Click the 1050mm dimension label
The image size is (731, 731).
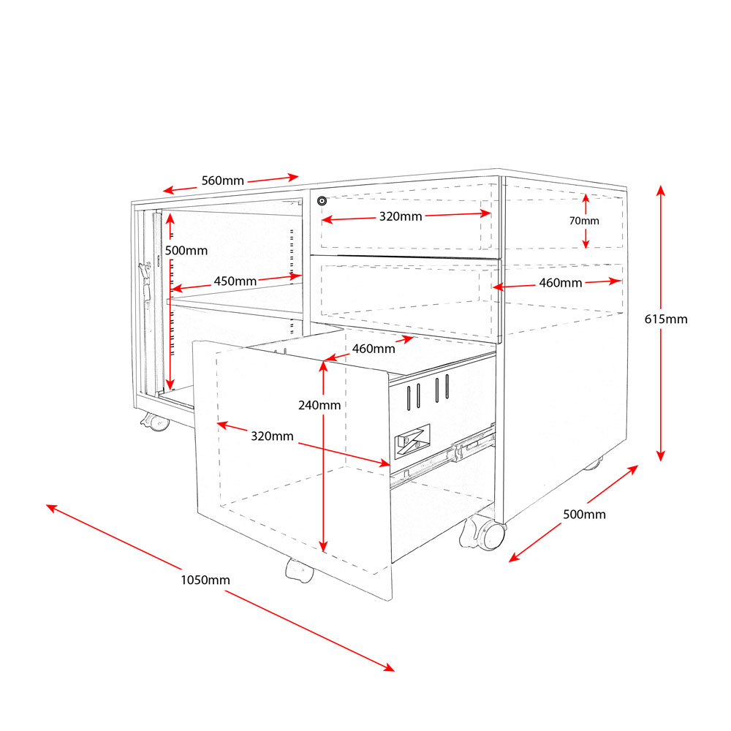[205, 580]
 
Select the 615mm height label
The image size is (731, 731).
[666, 319]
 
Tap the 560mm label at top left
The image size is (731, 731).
[222, 181]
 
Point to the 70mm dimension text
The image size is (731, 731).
[583, 221]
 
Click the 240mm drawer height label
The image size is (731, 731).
[319, 405]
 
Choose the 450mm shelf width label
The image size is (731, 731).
[235, 281]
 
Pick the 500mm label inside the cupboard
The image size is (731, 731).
[186, 250]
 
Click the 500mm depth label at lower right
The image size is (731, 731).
[584, 514]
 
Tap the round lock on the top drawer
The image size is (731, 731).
[322, 201]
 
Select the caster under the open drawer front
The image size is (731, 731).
[298, 570]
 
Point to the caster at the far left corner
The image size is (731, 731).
[155, 422]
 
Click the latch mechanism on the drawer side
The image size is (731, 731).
[411, 439]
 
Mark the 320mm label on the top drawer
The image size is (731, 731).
[400, 216]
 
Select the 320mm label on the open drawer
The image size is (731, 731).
[272, 436]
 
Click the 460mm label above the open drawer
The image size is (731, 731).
[374, 348]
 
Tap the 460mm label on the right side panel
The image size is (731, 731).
[561, 282]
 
